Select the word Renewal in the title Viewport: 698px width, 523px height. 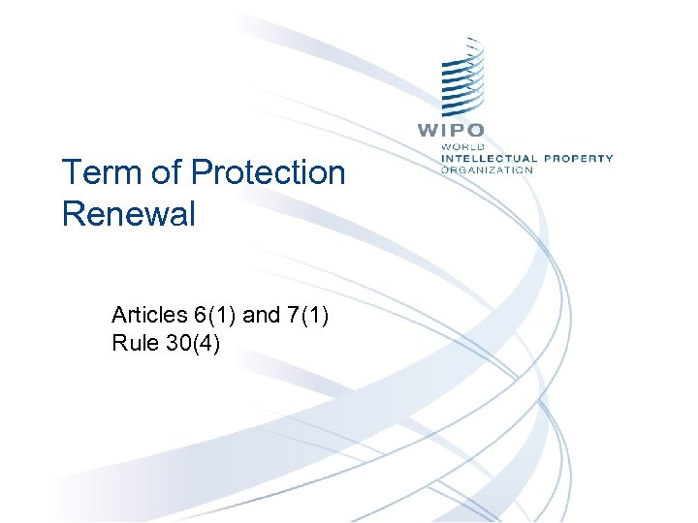click(128, 213)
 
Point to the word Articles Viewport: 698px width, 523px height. click(148, 315)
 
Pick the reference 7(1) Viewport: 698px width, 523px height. click(309, 315)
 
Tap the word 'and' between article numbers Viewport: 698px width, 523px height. click(261, 315)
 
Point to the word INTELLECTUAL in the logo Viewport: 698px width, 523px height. click(489, 158)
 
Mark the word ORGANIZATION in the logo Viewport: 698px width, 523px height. click(487, 169)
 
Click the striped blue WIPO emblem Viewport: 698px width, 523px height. click(463, 81)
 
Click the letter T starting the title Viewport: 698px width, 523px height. click(71, 173)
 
